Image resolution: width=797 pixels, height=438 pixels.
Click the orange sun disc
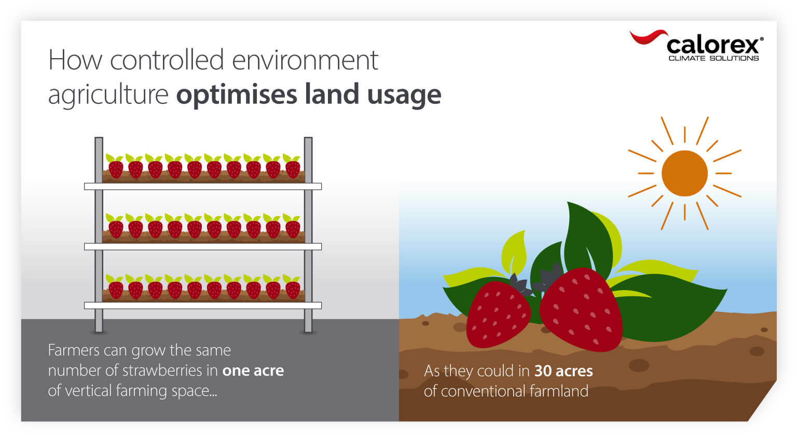tap(684, 173)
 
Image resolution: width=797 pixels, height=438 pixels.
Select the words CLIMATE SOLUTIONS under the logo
tap(713, 58)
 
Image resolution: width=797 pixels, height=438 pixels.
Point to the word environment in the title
tap(305, 60)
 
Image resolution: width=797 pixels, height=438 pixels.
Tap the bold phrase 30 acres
tap(564, 371)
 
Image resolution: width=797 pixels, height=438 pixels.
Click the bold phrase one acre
tap(253, 371)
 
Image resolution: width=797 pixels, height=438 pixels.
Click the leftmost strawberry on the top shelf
tap(116, 168)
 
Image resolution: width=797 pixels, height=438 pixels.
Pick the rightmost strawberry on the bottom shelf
tap(293, 289)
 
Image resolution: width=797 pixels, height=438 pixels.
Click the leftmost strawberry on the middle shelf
tap(116, 228)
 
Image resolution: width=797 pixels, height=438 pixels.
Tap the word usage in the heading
tap(404, 94)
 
